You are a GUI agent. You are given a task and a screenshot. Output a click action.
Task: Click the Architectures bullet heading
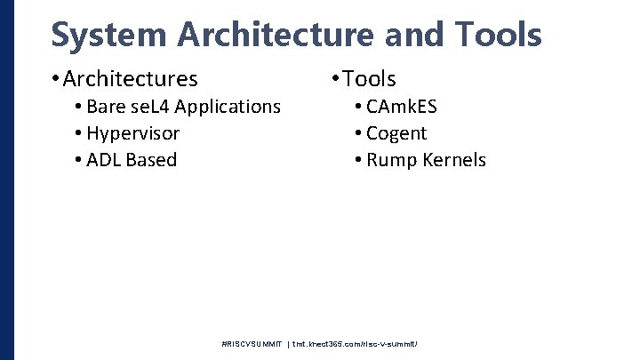point(130,79)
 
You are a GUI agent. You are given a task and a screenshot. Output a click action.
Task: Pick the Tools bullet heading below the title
point(369,79)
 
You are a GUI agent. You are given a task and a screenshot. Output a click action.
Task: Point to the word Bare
point(107,107)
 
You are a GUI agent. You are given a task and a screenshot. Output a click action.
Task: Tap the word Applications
point(228,108)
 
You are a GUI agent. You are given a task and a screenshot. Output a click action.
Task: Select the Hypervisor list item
point(133,134)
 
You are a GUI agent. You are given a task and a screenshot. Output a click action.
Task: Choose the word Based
point(152,161)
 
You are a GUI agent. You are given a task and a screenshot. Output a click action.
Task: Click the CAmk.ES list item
point(402,107)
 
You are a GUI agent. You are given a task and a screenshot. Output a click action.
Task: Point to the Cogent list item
point(396,134)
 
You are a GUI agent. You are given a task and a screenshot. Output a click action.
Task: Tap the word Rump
point(388,161)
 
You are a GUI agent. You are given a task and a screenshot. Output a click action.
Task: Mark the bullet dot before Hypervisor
point(79,134)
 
